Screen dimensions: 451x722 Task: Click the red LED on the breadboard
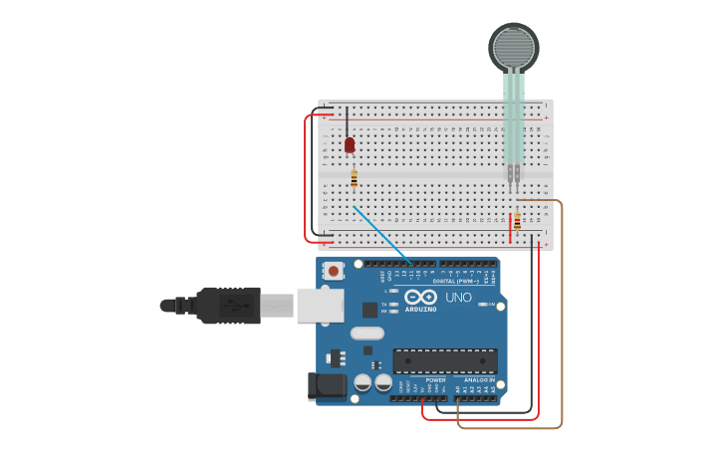coord(350,145)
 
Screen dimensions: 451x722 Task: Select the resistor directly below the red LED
coord(354,179)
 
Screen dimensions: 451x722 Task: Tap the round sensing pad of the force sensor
coord(513,46)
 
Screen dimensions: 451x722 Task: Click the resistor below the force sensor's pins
coord(517,221)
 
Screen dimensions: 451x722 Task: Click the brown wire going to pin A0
coord(562,319)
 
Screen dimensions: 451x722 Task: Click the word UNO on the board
coord(458,298)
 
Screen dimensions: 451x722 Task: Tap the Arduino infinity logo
coord(420,297)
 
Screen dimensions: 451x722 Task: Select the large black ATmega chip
coord(444,360)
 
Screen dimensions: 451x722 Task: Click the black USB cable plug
coord(228,305)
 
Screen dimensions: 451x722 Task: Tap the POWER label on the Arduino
coord(435,379)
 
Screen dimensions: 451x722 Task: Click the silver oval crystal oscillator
coord(366,334)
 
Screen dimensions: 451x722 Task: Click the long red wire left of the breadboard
coord(306,179)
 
